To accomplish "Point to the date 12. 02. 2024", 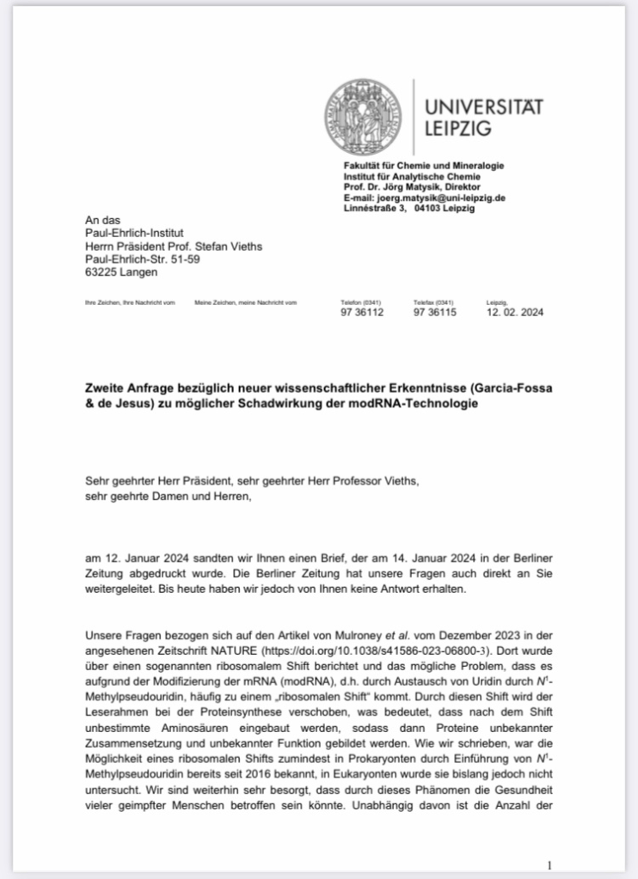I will (514, 313).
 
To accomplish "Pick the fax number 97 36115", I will (435, 313).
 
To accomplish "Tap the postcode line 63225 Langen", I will (121, 272).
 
